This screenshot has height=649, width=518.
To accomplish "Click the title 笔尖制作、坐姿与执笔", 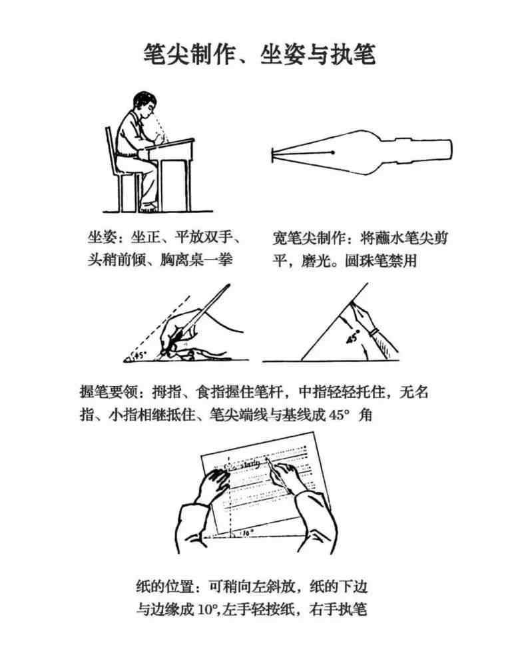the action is pos(259,54).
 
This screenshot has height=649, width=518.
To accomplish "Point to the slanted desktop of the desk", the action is pos(170,144).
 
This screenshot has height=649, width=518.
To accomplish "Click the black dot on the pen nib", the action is pos(332,152).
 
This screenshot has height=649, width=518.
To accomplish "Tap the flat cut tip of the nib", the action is pos(272,155).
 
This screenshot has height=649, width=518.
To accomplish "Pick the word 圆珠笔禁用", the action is pos(381,261).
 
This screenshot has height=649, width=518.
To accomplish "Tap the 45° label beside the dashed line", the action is pos(140,355).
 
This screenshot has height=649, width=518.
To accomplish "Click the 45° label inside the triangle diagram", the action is pos(352,337).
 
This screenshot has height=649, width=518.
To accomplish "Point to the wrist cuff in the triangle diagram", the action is pos(374,331).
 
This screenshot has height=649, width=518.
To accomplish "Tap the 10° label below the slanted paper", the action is pos(248,534).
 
